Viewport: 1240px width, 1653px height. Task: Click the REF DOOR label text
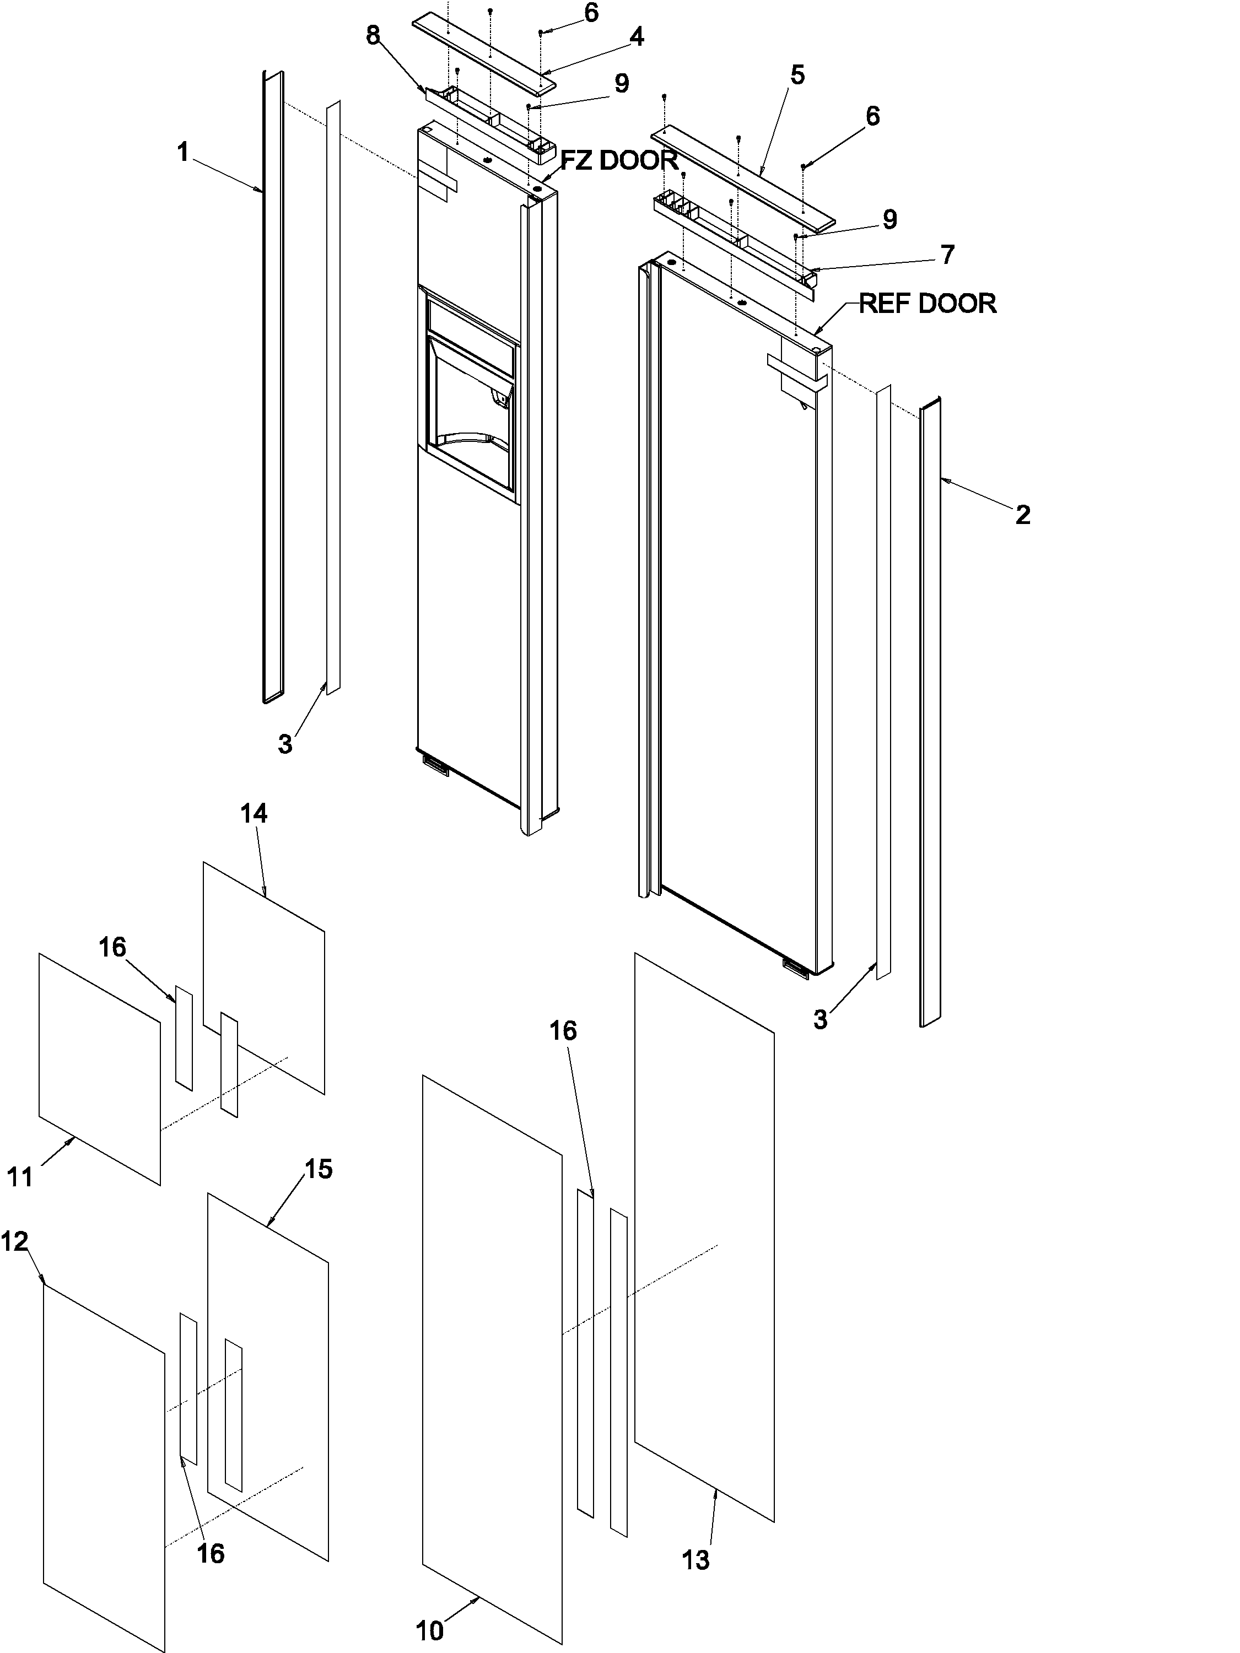coord(927,304)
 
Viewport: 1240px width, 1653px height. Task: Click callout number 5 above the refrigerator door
coord(797,75)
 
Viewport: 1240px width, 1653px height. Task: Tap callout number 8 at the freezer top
coord(373,36)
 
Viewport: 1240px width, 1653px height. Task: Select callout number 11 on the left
coord(20,1177)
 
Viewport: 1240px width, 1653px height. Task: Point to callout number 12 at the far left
coord(14,1241)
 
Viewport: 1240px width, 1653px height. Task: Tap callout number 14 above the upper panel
coord(254,813)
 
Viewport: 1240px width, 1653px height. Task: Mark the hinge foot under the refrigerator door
coord(795,966)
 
